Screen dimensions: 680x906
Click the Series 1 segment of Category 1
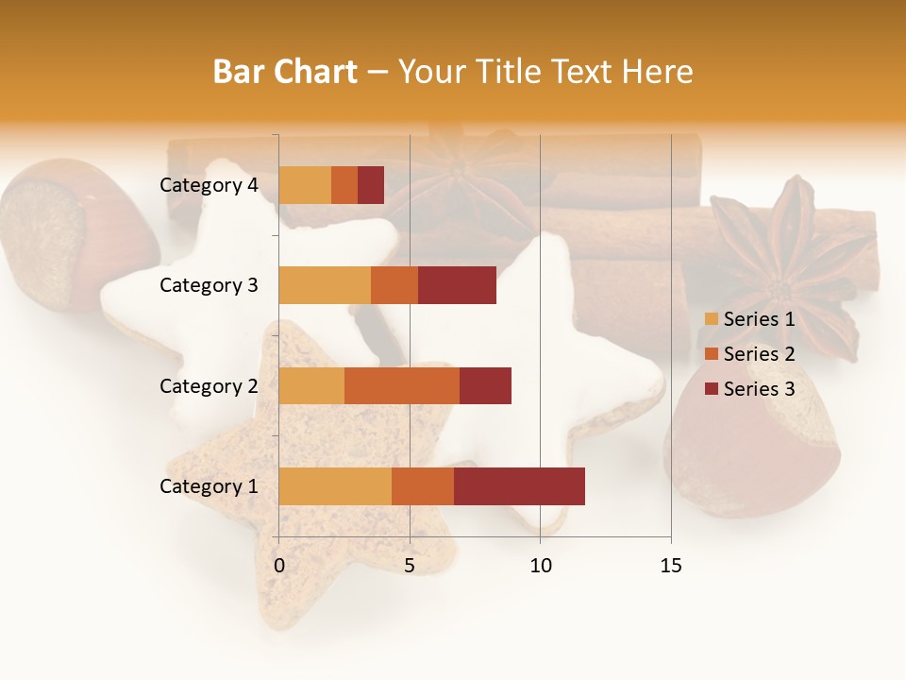[x=335, y=486]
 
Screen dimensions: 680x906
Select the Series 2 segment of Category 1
[x=423, y=486]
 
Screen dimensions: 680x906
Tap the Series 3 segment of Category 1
[x=519, y=486]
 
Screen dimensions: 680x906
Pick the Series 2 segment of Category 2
[x=402, y=385]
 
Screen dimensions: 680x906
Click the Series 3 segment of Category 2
[x=485, y=385]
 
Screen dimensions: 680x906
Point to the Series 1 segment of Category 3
[x=325, y=285]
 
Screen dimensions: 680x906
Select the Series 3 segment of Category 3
[x=457, y=285]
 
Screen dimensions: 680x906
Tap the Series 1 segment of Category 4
[x=305, y=185]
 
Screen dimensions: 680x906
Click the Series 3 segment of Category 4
[x=371, y=185]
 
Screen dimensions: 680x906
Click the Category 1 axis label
[x=209, y=486]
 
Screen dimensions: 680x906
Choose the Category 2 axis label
[x=209, y=385]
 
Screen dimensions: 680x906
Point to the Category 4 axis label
[x=209, y=185]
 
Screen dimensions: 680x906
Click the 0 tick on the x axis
[x=279, y=566]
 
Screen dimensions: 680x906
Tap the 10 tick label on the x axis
[x=540, y=566]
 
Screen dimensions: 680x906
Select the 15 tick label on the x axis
[x=671, y=566]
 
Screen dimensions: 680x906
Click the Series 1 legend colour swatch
[x=711, y=319]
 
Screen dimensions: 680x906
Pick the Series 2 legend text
[x=759, y=354]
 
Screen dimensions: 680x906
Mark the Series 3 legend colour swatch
[x=711, y=389]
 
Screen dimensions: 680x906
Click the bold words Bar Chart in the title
[x=285, y=72]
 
